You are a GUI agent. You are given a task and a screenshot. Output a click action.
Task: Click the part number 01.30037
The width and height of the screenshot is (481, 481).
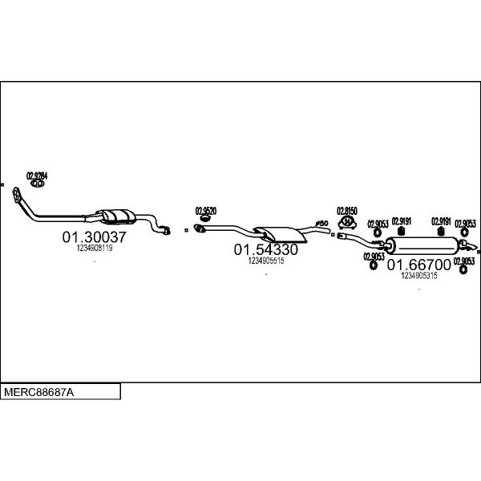pos(95,237)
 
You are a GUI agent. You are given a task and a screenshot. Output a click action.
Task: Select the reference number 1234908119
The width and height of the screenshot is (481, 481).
pos(95,249)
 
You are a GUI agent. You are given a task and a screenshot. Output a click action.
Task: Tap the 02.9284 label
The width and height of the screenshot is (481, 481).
pos(37,175)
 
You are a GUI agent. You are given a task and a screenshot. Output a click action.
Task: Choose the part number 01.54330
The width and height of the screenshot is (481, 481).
pos(266,249)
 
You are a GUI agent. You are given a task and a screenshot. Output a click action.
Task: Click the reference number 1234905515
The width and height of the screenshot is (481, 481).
pos(266,261)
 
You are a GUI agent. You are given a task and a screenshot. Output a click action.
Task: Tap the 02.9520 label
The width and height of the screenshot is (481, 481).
pos(206,211)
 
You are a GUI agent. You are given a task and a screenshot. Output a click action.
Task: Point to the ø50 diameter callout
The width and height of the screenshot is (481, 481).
pos(321,223)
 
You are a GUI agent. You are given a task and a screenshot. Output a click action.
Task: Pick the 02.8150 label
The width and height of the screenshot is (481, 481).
pos(346,210)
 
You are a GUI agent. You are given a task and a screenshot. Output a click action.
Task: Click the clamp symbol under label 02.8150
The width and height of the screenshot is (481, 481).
pos(348,221)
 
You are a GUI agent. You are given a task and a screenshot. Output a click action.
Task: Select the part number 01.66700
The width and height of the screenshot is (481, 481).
pos(419,264)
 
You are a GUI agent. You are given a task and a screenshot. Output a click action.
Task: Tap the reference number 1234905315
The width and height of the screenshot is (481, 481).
pos(419,275)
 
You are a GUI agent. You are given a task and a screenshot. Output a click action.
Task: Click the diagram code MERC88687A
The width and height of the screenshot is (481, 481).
pos(38,393)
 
